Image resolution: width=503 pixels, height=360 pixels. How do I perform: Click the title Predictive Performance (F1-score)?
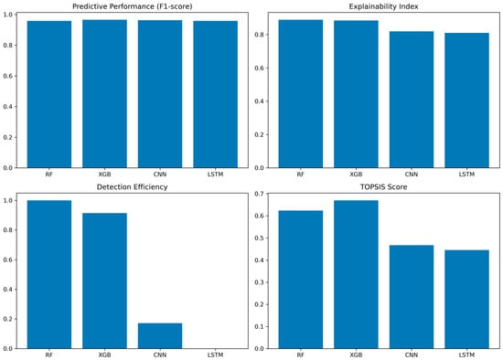[x=133, y=6]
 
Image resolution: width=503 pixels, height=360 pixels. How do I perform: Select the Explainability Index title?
[x=384, y=6]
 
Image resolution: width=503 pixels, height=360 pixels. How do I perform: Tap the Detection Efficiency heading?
[x=133, y=187]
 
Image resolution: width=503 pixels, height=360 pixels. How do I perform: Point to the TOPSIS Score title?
[x=384, y=187]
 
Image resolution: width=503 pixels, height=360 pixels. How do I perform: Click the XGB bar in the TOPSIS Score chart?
[x=356, y=274]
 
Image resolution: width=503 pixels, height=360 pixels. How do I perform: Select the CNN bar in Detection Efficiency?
[x=160, y=335]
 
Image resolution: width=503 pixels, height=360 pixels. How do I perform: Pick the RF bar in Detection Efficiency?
[x=49, y=274]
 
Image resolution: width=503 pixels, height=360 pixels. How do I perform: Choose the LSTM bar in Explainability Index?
[x=466, y=101]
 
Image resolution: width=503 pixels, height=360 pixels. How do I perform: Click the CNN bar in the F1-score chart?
[x=160, y=94]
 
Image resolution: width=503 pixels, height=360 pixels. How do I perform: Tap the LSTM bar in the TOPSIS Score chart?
[x=466, y=299]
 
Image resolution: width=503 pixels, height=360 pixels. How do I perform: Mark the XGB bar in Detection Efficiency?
[x=104, y=281]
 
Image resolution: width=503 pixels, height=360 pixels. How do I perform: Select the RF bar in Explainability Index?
[x=301, y=93]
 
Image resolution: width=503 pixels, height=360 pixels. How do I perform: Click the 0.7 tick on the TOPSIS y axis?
[x=259, y=194]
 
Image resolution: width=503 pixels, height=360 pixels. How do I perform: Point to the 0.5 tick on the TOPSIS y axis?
[x=259, y=238]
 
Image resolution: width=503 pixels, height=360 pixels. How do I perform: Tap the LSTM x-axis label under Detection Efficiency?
[x=215, y=355]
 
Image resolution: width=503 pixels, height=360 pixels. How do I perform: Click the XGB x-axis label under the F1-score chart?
[x=104, y=175]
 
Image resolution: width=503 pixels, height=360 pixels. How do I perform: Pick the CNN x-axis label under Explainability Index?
[x=412, y=175]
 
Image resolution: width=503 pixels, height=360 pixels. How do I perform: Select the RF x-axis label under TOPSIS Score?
[x=301, y=355]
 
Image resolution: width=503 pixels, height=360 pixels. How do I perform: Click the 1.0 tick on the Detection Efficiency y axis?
[x=7, y=201]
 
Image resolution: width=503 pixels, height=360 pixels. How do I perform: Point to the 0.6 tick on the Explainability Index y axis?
[x=259, y=68]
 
